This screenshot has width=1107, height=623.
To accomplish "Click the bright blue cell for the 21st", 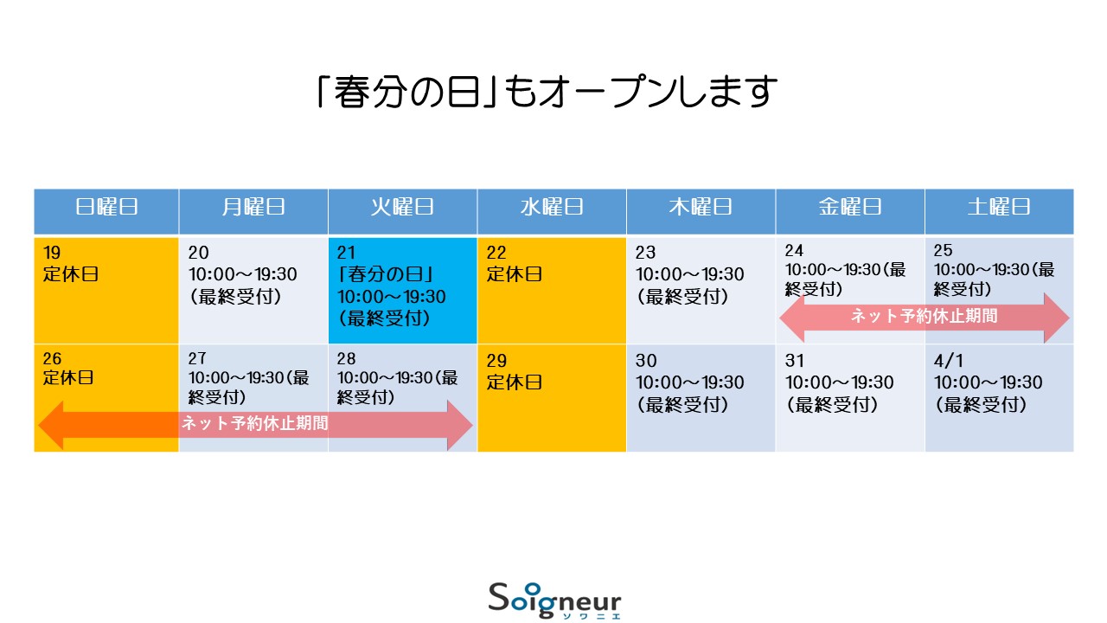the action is click(403, 291).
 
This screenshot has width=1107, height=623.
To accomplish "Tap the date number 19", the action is click(52, 253).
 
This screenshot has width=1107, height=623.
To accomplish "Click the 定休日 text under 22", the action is click(514, 274).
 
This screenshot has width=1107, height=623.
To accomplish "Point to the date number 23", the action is click(645, 253).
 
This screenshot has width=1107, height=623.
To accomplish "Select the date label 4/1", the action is click(948, 361).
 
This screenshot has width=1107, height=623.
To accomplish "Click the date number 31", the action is click(795, 361).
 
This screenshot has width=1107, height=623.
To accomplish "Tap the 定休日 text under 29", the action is click(514, 382).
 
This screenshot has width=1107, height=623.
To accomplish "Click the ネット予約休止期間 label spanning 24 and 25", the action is click(925, 316).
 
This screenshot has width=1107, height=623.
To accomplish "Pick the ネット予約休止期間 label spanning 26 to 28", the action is click(255, 423).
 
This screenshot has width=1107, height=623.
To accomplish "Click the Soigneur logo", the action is click(554, 601).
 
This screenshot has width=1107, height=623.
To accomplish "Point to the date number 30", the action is click(646, 361).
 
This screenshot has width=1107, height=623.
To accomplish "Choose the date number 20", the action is click(198, 253).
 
